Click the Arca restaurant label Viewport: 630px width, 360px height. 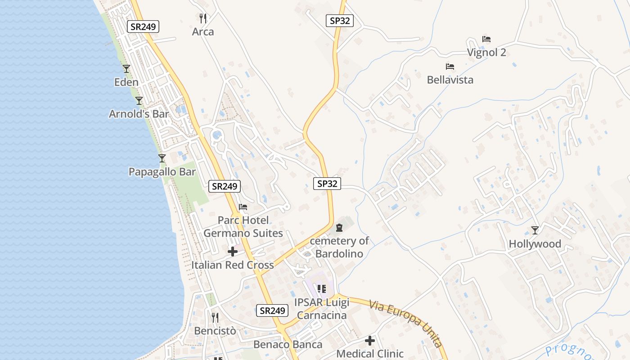click(203, 32)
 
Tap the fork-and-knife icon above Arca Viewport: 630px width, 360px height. click(203, 18)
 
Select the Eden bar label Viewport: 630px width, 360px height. click(126, 82)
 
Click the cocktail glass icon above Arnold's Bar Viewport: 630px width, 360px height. click(139, 101)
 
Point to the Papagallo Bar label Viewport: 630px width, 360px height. click(162, 172)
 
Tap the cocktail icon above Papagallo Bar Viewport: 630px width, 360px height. click(162, 158)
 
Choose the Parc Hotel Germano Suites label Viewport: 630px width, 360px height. click(243, 227)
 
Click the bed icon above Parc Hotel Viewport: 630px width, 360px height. click(243, 207)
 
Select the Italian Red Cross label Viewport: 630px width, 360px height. click(233, 265)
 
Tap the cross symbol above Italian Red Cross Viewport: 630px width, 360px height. click(233, 252)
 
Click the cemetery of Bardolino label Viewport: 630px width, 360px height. click(339, 247)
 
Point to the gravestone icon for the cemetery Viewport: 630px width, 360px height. click(339, 228)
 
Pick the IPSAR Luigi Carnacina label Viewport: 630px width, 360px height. click(321, 309)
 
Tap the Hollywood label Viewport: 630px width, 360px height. click(535, 244)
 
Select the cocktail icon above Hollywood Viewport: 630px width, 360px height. click(535, 230)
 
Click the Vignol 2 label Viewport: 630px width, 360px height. click(486, 53)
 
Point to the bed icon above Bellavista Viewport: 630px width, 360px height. click(450, 67)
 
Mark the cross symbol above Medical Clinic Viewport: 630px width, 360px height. click(370, 341)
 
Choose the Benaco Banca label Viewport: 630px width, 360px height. click(288, 345)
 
